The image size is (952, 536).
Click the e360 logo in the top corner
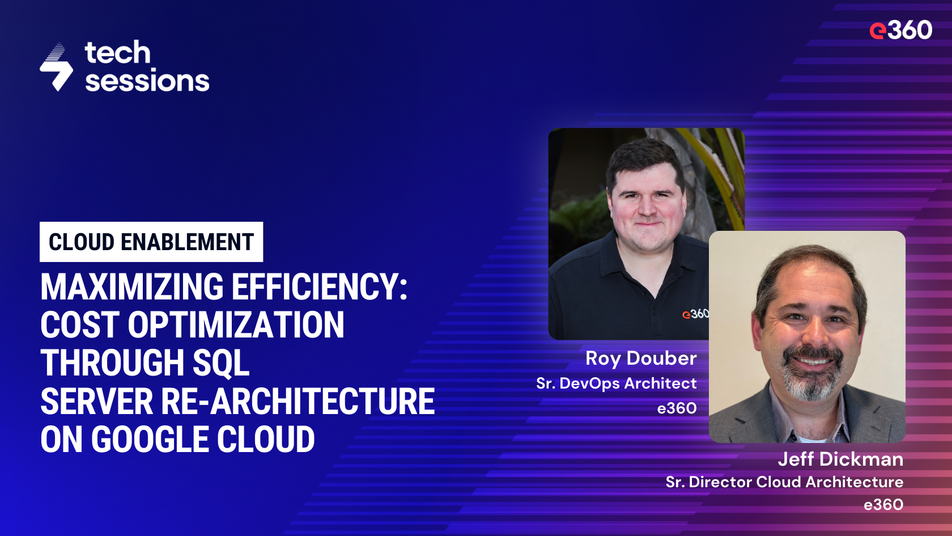[x=900, y=30]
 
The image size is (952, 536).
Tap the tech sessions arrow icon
[x=56, y=67]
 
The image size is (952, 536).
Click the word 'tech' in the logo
[x=118, y=53]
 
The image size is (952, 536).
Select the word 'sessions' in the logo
[x=147, y=81]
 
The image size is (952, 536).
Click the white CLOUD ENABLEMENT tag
[x=151, y=242]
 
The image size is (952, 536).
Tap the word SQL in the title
[x=221, y=363]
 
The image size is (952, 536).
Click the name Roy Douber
[x=641, y=358]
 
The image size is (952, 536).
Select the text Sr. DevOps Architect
[x=617, y=383]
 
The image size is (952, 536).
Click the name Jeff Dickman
[x=840, y=459]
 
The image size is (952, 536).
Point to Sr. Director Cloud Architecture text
[x=784, y=482]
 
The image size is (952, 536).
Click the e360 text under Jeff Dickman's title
[x=883, y=505]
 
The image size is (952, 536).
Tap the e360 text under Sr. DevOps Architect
[x=677, y=408]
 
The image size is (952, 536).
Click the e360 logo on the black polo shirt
[x=695, y=314]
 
